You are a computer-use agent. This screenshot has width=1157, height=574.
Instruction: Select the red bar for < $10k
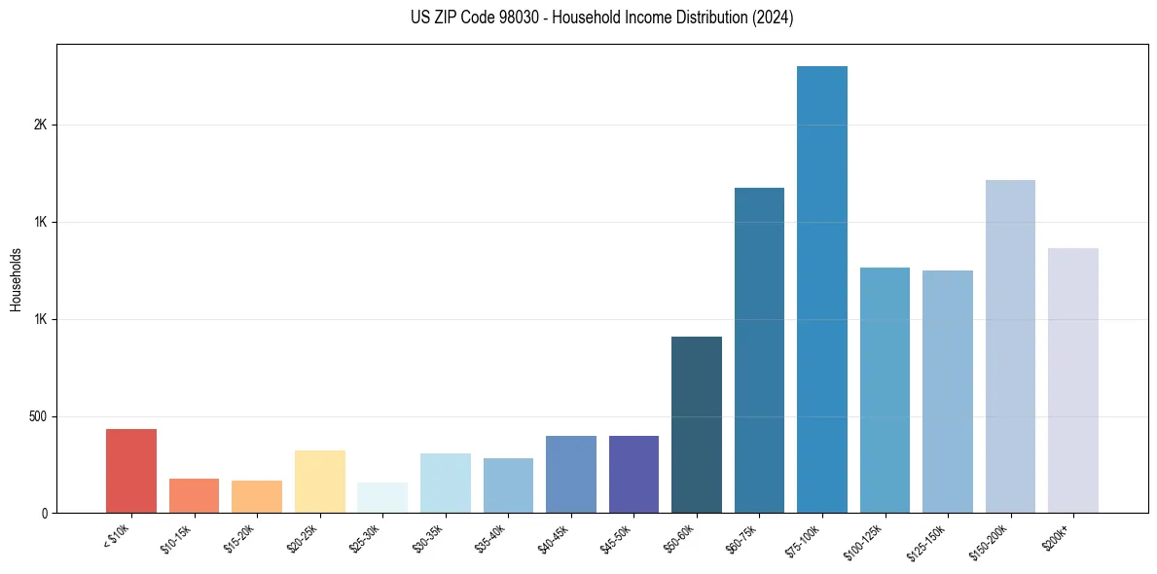tap(131, 471)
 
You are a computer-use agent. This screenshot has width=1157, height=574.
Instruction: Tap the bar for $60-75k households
tap(759, 350)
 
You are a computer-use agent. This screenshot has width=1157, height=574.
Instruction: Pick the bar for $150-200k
tap(1010, 346)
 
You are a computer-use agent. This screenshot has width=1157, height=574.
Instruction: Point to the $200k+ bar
tap(1072, 380)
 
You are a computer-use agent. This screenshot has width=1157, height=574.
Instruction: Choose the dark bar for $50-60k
tap(697, 424)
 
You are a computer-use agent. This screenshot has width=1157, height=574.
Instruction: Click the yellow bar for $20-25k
tap(320, 482)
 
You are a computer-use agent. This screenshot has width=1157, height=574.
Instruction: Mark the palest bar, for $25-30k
tap(382, 497)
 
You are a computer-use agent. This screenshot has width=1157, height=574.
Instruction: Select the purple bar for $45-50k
tap(633, 474)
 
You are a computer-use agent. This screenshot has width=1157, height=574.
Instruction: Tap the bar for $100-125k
tap(885, 390)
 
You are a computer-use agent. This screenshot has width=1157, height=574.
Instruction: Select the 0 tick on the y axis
tap(44, 513)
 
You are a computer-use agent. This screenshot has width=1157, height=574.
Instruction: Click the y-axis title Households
tap(16, 278)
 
